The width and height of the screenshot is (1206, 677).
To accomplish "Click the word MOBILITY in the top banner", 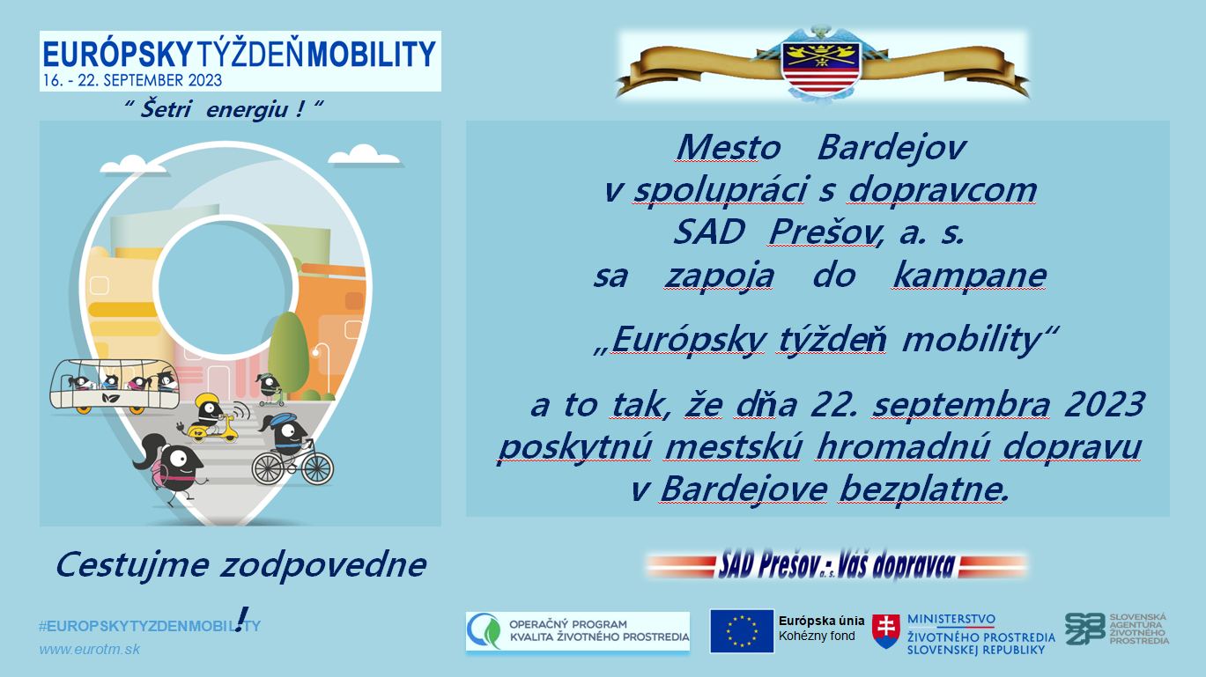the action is (x=371, y=55).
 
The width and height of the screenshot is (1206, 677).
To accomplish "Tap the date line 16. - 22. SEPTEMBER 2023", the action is (x=132, y=81).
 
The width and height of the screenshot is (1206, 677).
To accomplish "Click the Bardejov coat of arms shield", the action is (x=820, y=67).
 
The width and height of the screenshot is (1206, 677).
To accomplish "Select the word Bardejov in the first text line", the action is (x=892, y=147).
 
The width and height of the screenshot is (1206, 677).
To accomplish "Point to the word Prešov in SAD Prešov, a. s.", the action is (x=825, y=233).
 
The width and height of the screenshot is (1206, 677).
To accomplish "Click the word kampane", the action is (x=969, y=276).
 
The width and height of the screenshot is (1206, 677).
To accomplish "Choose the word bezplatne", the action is (x=922, y=489).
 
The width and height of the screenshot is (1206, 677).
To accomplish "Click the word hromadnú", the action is (x=902, y=446).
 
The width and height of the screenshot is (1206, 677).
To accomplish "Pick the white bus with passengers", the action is (x=115, y=386).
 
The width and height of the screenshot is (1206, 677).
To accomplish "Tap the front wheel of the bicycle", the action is (x=317, y=467).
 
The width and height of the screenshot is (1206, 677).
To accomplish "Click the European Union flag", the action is (x=742, y=630).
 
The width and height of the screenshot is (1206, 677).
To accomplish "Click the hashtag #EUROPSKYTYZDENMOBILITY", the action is (x=150, y=627).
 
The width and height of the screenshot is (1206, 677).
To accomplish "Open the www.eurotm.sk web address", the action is (x=89, y=650).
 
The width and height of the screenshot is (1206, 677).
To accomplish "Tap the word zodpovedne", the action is (x=323, y=565).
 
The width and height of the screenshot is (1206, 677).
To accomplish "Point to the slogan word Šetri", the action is (x=166, y=109).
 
